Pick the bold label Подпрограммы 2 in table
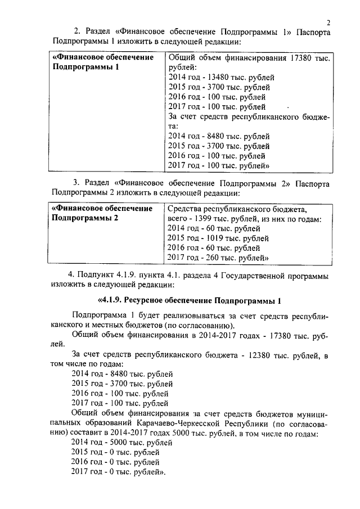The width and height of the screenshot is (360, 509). (85, 218)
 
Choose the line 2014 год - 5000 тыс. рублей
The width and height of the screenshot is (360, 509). (121, 442)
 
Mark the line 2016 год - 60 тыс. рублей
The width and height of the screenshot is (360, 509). (214, 247)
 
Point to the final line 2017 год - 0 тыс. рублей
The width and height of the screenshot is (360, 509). (118, 471)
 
